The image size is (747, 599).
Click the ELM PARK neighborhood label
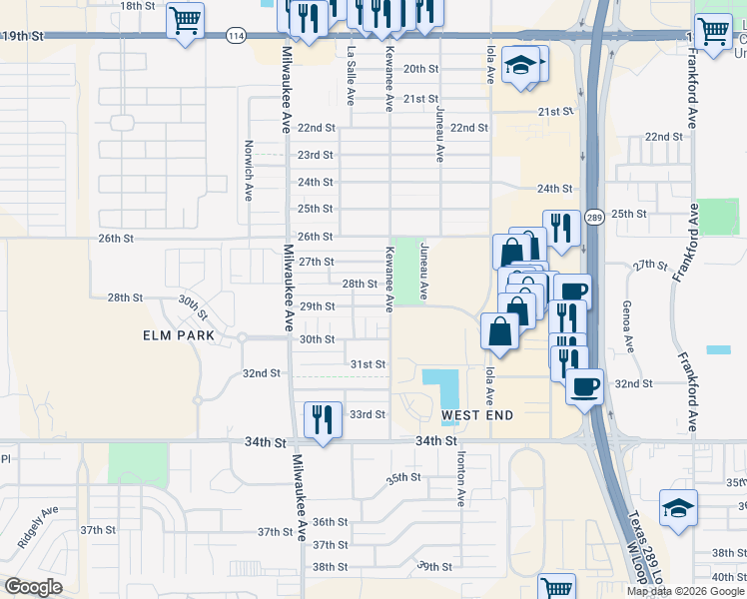[178, 335]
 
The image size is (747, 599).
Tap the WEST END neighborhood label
[477, 414]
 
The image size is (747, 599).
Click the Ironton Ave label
[461, 478]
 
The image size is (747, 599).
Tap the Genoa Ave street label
[628, 327]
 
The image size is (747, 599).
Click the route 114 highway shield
[236, 36]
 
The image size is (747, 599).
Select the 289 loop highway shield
[594, 217]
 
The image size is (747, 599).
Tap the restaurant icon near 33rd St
[322, 417]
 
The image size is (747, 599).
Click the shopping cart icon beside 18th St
[185, 21]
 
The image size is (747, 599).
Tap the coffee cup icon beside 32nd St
[584, 385]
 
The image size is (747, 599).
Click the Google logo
[33, 587]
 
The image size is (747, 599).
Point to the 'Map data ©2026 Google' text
[686, 591]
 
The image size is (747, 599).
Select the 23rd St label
[316, 155]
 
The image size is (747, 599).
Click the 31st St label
[368, 364]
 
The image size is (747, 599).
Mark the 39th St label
[435, 566]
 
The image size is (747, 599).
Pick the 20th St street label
[420, 69]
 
